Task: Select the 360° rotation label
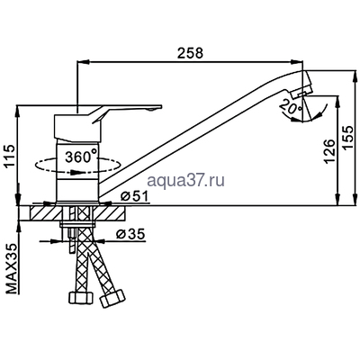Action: point(82,156)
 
